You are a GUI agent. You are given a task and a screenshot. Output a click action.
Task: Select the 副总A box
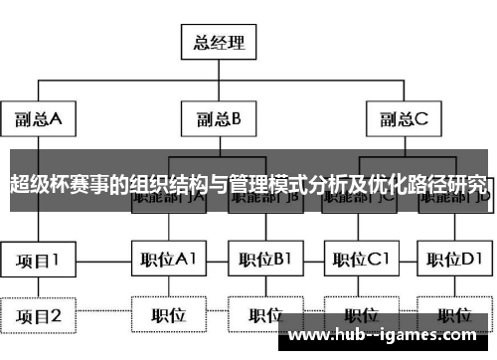click(x=38, y=119)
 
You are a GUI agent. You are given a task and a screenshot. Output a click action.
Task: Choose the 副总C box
click(x=403, y=119)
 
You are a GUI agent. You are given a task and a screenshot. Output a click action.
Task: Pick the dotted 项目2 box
click(x=38, y=316)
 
